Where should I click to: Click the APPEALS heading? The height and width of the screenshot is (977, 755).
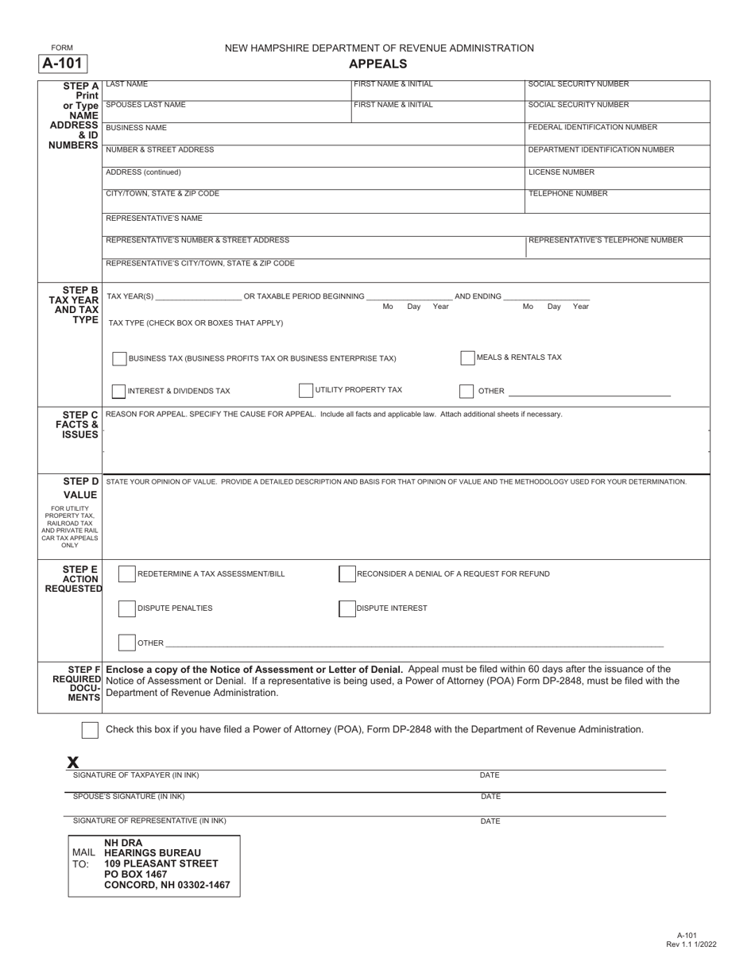(378, 64)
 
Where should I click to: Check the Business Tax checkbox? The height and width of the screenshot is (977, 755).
(119, 359)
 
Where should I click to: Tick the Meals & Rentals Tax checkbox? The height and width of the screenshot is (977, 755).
(467, 358)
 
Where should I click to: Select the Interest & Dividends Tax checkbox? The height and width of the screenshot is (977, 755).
(118, 391)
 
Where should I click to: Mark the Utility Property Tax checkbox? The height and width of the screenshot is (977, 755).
(306, 390)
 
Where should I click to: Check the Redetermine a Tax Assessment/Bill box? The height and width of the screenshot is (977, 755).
(126, 573)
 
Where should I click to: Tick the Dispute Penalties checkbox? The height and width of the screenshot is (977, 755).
(126, 608)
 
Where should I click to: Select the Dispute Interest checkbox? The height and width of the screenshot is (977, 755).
(347, 608)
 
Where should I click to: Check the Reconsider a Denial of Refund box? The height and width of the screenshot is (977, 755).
(347, 573)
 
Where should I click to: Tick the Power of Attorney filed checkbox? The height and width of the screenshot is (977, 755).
(91, 730)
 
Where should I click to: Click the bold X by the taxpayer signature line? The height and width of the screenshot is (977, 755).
(73, 763)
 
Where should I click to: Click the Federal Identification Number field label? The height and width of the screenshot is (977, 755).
(593, 127)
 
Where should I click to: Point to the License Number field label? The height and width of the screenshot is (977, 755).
(561, 172)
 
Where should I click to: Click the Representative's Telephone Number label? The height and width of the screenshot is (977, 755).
(606, 240)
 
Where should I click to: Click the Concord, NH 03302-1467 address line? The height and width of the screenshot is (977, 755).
(167, 885)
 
